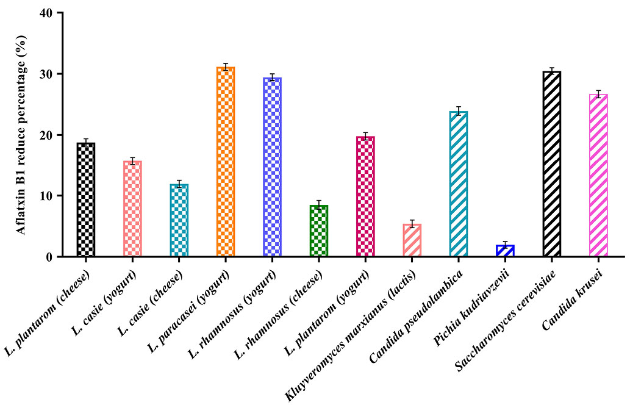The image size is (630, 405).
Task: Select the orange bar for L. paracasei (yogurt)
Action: coord(226,162)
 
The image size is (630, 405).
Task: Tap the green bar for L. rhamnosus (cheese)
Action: coord(318,231)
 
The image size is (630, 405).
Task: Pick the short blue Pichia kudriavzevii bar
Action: coord(505,251)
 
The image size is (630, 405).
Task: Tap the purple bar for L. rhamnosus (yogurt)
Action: coord(272,167)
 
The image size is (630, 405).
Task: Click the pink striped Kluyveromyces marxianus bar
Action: coord(412,240)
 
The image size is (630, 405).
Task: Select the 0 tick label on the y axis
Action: coord(49,257)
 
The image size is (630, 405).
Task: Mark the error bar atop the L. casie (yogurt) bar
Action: coord(132,161)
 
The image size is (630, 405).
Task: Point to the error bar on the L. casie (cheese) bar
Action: coord(179,184)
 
